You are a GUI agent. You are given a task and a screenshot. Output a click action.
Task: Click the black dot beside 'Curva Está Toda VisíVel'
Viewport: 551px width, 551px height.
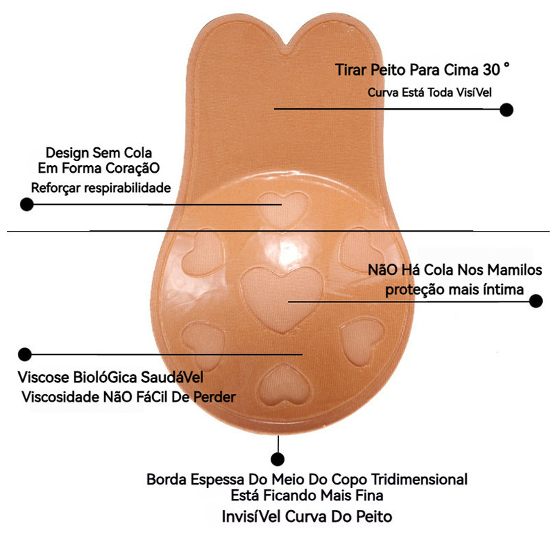[x=506, y=110]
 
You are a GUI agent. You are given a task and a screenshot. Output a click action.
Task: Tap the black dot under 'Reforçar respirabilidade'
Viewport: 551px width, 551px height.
[x=27, y=204]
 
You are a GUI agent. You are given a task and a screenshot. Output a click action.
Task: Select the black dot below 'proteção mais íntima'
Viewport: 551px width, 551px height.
[x=537, y=301]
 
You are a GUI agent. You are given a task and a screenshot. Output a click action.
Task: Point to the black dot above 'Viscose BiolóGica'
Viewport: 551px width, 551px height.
[x=25, y=354]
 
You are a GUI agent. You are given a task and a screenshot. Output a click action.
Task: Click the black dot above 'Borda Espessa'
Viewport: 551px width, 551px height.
[x=278, y=459]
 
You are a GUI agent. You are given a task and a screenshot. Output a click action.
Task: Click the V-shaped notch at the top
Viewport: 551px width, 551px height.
[x=283, y=50]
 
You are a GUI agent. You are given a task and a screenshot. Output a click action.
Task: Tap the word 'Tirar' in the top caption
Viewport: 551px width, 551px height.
[x=350, y=71]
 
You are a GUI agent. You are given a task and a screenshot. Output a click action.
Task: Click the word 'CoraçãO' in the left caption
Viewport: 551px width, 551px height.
[x=136, y=169]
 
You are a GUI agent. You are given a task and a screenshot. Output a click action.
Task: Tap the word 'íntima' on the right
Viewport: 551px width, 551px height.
[x=504, y=289]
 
